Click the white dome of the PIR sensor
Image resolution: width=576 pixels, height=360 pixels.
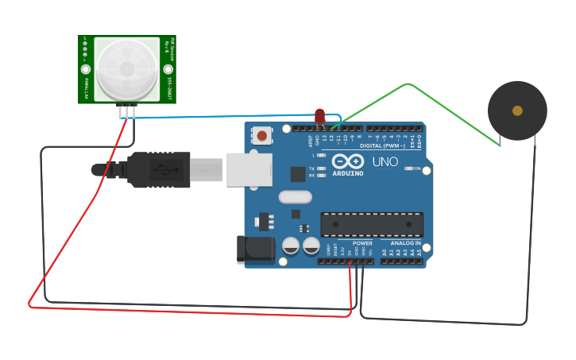click(x=126, y=68)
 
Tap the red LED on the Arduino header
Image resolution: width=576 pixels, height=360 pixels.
click(x=319, y=117)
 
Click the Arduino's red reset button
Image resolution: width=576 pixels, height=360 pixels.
click(x=261, y=136)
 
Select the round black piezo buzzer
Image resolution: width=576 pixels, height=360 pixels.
click(x=517, y=111)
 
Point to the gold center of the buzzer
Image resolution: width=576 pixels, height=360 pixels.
click(x=517, y=111)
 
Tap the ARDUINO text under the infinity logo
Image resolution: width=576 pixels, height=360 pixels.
click(x=348, y=172)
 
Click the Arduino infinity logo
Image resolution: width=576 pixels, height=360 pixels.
click(x=348, y=161)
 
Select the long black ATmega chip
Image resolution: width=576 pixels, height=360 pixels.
click(x=372, y=224)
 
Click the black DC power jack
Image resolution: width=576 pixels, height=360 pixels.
click(x=255, y=250)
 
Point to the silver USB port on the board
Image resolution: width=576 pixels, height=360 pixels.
click(x=249, y=169)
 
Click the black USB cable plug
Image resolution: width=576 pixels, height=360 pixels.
click(x=158, y=169)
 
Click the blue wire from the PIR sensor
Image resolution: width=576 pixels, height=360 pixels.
click(x=222, y=115)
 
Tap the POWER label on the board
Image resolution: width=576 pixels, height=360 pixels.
click(x=362, y=243)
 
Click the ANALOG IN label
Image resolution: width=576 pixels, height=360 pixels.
click(x=405, y=243)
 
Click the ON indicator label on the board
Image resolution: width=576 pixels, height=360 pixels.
click(x=417, y=168)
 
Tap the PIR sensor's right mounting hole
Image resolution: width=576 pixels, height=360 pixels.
click(x=168, y=69)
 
